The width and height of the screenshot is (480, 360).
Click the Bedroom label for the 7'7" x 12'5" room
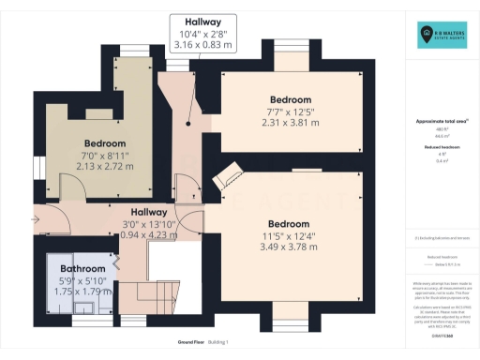(290, 99)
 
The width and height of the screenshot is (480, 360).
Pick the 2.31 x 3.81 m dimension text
(290, 122)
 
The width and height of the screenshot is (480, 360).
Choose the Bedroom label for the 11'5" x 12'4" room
(288, 223)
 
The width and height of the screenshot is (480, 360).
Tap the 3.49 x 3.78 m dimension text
(288, 247)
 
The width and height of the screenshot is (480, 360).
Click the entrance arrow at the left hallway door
(36, 220)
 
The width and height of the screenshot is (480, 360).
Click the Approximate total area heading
(440, 121)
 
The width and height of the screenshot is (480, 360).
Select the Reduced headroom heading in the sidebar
(440, 146)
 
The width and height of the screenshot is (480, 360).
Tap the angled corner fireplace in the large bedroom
(226, 178)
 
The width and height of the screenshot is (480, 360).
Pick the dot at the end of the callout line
(188, 123)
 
